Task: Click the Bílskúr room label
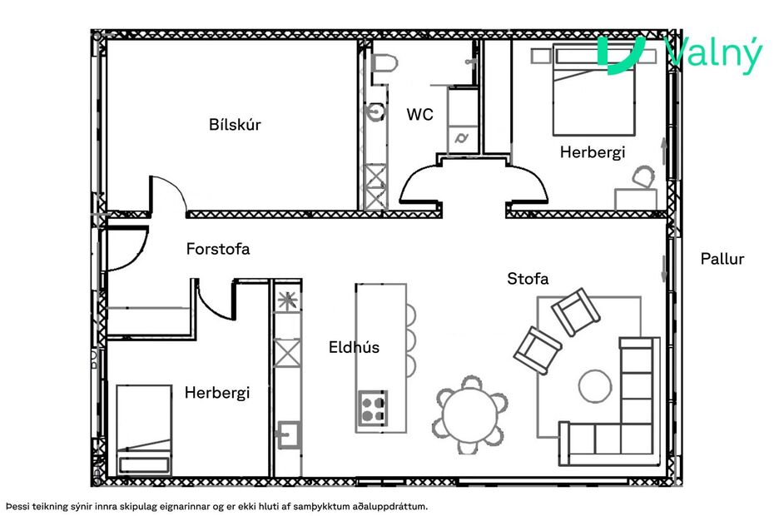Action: (235, 125)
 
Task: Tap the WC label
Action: (419, 115)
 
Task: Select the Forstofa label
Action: (218, 248)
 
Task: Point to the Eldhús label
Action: (354, 347)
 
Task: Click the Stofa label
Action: (528, 279)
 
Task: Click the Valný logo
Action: (679, 56)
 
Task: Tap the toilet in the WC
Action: (384, 67)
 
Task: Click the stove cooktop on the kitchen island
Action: (372, 407)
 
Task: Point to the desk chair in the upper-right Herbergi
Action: (643, 177)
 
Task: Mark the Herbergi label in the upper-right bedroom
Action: (592, 152)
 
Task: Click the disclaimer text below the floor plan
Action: (221, 505)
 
